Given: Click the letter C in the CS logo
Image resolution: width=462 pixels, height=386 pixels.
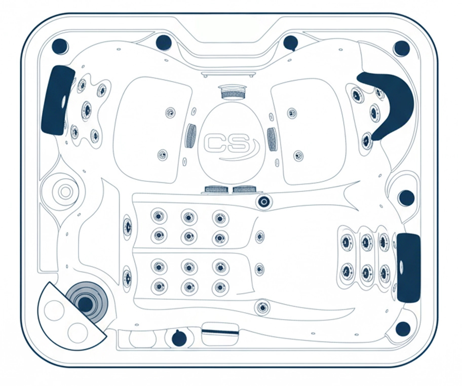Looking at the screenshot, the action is tap(215, 143).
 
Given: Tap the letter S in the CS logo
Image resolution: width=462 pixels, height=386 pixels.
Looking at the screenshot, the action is tap(239, 143).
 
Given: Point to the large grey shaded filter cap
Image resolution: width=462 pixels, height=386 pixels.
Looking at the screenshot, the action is tap(87, 303).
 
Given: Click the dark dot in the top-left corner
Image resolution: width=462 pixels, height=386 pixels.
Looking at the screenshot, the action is tap(60, 46).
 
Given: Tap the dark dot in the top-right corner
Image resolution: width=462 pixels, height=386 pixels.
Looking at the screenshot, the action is tap(401, 48).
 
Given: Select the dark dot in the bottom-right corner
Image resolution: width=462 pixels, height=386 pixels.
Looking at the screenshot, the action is tap(403, 328).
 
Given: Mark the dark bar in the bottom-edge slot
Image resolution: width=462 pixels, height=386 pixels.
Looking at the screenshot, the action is tap(220, 332).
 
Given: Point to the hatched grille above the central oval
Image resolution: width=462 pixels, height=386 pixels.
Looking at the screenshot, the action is tap(233, 93).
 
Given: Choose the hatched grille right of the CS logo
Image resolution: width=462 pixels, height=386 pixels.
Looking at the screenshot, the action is tap(271, 140).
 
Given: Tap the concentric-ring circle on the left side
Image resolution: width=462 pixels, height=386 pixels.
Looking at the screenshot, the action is tap(65, 192).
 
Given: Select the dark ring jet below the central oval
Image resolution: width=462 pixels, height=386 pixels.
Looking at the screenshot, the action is tap(264, 202).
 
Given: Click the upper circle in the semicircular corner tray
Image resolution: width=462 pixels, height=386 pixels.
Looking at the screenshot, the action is tap(54, 311).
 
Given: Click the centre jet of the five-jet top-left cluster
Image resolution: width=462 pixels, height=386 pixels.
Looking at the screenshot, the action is tap(87, 109).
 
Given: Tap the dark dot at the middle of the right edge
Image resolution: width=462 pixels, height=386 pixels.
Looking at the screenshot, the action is tap(406, 198).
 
